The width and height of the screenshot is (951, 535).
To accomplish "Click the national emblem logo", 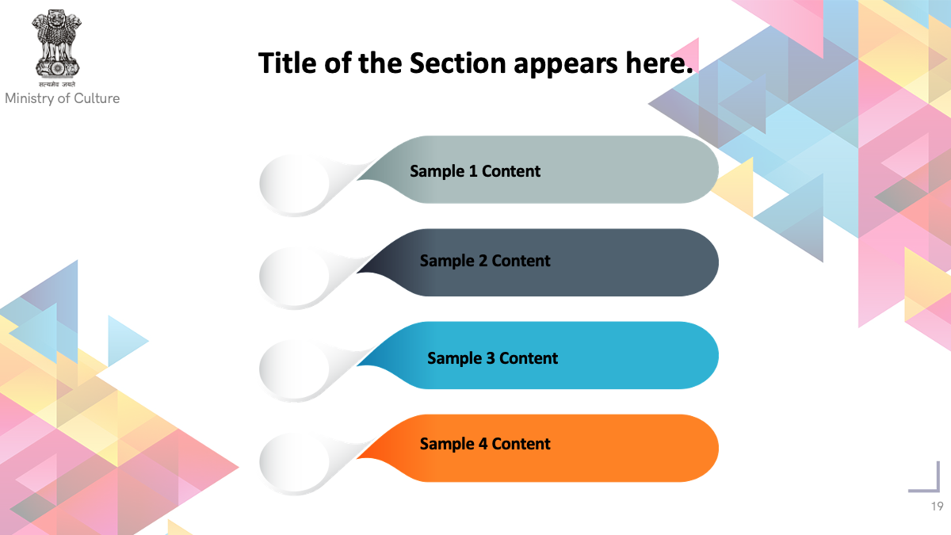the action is [x=56, y=44].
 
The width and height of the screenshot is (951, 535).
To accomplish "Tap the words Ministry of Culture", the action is [x=63, y=98].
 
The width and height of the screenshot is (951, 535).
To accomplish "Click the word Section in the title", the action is [x=458, y=63].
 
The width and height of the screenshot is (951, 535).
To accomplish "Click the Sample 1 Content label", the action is [x=475, y=171].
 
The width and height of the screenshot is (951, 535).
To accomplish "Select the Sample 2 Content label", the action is [x=485, y=261].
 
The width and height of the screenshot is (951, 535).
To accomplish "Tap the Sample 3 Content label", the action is [x=492, y=358].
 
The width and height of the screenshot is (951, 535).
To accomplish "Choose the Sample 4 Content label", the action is [x=485, y=444].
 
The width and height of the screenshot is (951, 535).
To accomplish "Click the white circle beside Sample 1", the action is [x=295, y=183].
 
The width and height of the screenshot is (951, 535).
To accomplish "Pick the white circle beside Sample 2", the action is [x=295, y=277].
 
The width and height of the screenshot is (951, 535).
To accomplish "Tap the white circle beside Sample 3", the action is [x=295, y=369].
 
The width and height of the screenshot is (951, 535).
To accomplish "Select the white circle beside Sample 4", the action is [x=295, y=462].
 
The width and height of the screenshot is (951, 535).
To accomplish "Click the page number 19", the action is [x=938, y=506].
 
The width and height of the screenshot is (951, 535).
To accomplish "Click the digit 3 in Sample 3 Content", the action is [x=491, y=358].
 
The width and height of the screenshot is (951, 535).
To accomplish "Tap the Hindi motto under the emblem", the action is [x=57, y=85].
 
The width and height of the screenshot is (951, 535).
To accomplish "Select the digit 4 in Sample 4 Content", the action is [x=483, y=444].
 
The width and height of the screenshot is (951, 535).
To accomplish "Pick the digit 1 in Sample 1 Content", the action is [x=473, y=171].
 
